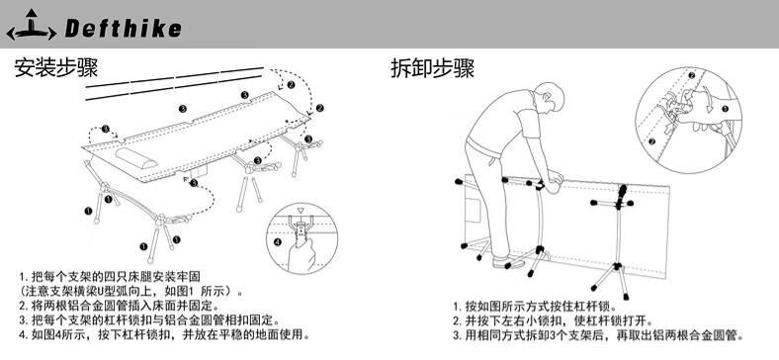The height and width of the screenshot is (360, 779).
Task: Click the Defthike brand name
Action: click(x=123, y=29)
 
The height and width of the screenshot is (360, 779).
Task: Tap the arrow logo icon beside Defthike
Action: click(x=32, y=25)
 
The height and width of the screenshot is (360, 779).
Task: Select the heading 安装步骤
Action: click(x=56, y=67)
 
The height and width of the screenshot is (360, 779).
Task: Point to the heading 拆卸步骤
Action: click(x=432, y=68)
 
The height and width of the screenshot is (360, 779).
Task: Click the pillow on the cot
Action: click(x=136, y=156)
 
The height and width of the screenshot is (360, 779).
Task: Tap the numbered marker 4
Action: click(x=277, y=242)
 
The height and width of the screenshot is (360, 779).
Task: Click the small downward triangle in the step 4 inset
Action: click(x=300, y=211)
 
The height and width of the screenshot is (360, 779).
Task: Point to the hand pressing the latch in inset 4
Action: click(x=302, y=251)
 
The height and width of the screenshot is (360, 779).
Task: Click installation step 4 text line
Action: click(x=164, y=333)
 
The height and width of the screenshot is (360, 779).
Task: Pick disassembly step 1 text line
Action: click(x=534, y=306)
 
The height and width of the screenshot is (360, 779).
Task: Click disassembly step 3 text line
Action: click(x=598, y=335)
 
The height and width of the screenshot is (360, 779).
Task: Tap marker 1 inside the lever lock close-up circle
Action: click(x=725, y=109)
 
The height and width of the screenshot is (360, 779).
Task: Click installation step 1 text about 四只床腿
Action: click(x=110, y=276)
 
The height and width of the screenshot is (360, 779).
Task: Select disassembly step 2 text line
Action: click(x=553, y=320)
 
